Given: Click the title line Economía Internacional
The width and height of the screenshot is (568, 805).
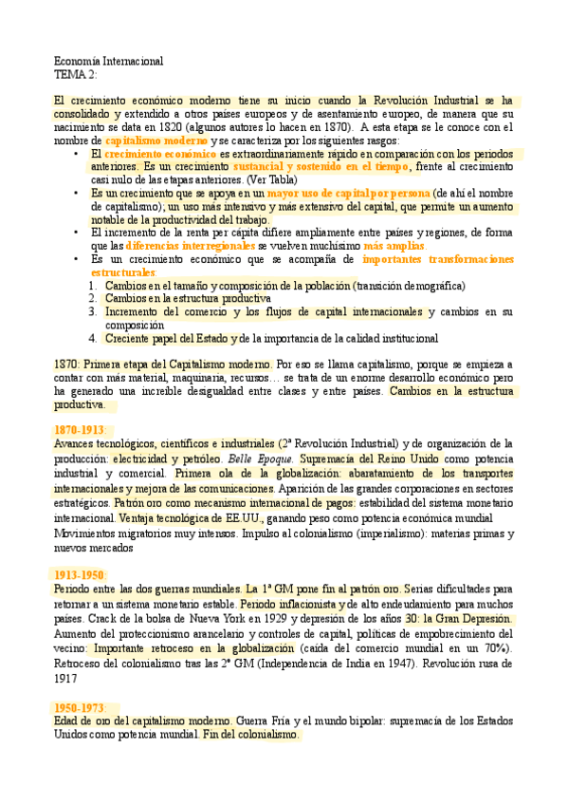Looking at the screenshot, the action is (109, 62).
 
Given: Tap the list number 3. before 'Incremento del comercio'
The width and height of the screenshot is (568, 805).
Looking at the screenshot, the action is (94, 311).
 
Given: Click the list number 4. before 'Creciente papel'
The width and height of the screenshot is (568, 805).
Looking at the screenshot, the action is (94, 337).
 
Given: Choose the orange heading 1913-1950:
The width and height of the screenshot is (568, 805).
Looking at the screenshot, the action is (81, 574).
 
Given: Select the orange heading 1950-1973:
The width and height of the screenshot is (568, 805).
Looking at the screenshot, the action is (81, 707).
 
